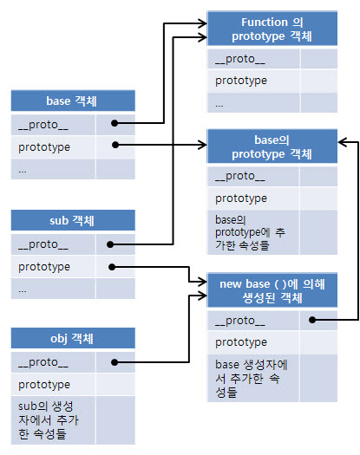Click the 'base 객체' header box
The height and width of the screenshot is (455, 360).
coord(73,101)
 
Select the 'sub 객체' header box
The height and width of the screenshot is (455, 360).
coord(73,220)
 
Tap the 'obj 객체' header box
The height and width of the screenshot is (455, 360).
coord(73,338)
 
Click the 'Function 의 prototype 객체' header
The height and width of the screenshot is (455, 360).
coord(272,29)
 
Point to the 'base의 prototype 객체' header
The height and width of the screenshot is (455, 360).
coord(272,146)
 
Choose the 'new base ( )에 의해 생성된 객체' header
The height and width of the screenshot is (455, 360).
coord(272,290)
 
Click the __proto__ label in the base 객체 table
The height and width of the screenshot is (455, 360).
coord(43,125)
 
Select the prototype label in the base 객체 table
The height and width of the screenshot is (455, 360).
coord(44,147)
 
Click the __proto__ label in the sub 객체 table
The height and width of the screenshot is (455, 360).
coord(43,244)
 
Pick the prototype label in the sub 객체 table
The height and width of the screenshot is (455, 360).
coord(44,267)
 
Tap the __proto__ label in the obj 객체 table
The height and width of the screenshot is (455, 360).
coord(43,362)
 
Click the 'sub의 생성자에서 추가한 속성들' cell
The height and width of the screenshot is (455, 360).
coord(48,419)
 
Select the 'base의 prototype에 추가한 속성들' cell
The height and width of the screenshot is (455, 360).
coord(250,232)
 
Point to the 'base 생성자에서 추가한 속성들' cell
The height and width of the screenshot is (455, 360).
coord(252,379)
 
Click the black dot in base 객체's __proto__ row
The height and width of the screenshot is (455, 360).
coord(115,123)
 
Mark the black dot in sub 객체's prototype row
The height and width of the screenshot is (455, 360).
coord(112,267)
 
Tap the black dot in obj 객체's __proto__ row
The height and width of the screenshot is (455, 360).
coord(115,362)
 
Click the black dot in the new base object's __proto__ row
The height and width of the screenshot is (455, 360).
coord(312,320)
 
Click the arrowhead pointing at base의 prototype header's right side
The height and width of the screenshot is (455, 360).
coord(343,142)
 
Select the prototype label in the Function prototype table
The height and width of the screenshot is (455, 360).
coord(241,81)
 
